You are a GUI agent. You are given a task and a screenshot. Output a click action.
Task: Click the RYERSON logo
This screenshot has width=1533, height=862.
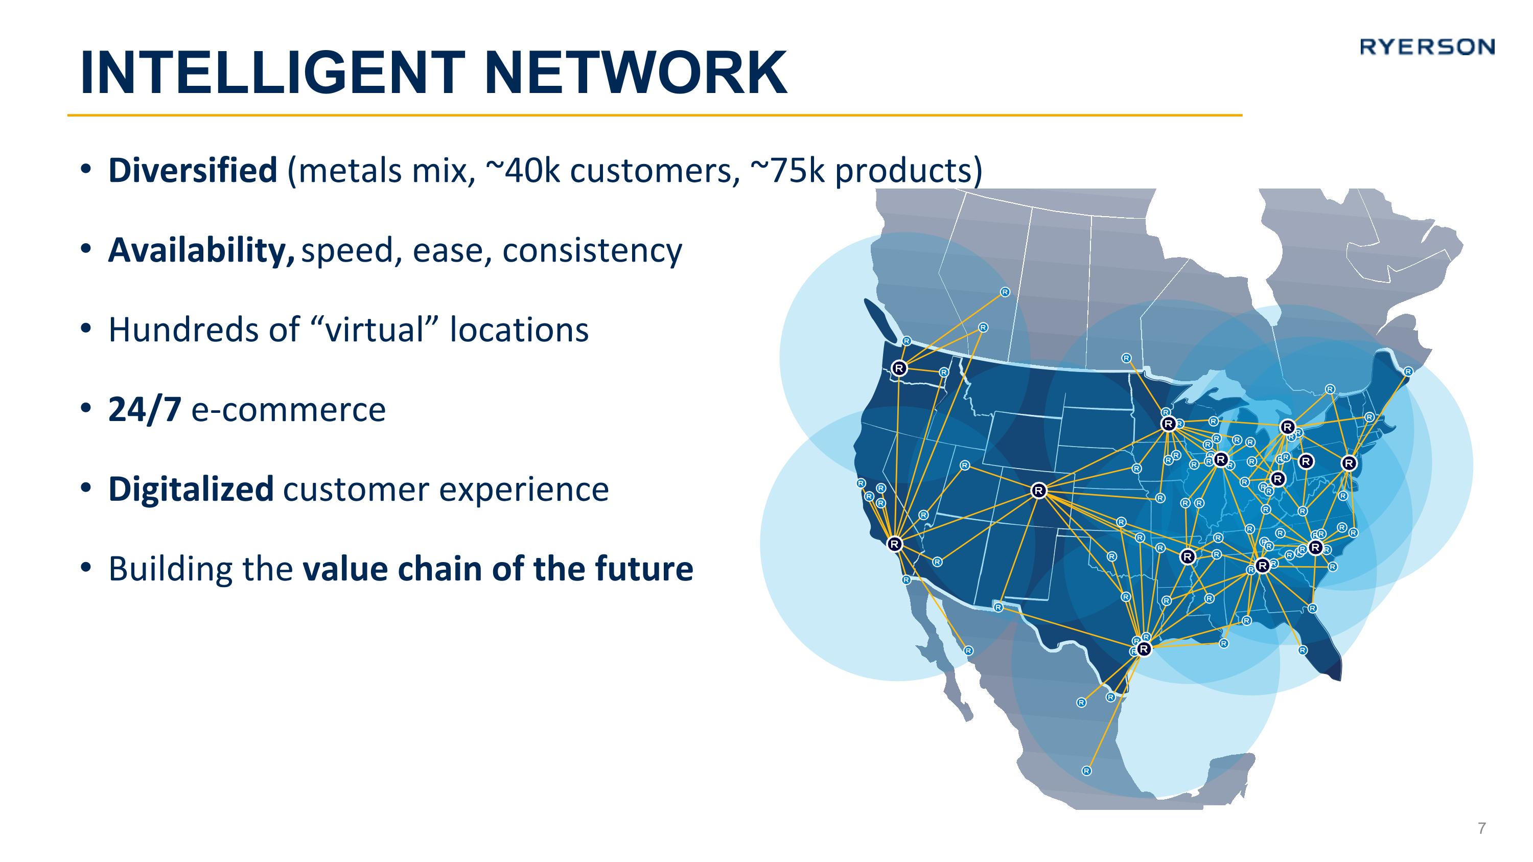1427,47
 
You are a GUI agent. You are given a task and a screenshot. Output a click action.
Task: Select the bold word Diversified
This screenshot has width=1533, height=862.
193,170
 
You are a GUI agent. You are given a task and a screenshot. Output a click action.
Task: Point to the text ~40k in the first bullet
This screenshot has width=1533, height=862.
523,170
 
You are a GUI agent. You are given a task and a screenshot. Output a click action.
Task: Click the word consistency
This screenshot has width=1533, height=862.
592,250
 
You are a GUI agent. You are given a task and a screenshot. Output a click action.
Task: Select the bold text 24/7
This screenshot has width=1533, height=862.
145,410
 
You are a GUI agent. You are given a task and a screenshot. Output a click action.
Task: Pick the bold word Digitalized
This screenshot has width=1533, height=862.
191,489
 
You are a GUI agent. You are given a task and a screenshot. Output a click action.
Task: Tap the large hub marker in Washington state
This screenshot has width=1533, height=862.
899,368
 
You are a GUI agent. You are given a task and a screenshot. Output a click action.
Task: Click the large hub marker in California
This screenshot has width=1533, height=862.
894,544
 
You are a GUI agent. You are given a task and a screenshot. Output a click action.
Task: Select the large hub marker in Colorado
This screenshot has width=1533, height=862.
1038,491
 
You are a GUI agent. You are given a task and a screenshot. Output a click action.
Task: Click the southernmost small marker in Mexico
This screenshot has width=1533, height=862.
1086,771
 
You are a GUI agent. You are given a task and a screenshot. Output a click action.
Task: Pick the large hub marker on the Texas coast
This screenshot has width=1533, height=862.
1144,649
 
